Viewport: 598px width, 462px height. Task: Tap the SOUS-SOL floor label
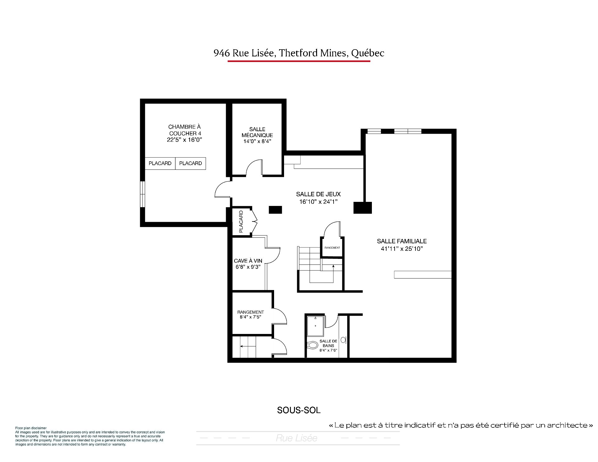pos(299,410)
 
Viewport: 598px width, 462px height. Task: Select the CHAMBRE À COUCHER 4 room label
pos(185,133)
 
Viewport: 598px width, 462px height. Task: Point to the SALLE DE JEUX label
pos(318,194)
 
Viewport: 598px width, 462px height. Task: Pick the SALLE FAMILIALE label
pos(402,241)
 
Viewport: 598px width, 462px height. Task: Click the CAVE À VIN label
pos(248,261)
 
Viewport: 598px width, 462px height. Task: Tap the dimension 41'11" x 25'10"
pos(402,249)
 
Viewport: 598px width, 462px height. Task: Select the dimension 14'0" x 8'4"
pos(257,141)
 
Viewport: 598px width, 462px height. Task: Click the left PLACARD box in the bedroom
pos(160,164)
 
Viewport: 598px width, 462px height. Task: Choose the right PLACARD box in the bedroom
pos(191,164)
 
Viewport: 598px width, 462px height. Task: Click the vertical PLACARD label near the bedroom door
pos(241,222)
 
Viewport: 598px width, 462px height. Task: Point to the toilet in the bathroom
pos(312,345)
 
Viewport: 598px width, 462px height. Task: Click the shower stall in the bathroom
pos(316,326)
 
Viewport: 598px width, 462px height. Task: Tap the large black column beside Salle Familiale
pos(363,208)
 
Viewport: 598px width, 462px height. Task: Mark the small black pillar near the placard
pos(275,210)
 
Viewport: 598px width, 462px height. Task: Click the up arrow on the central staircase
pos(333,272)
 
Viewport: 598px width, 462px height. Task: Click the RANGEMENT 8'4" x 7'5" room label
pos(250,314)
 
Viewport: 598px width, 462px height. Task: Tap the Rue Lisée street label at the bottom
pos(297,438)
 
